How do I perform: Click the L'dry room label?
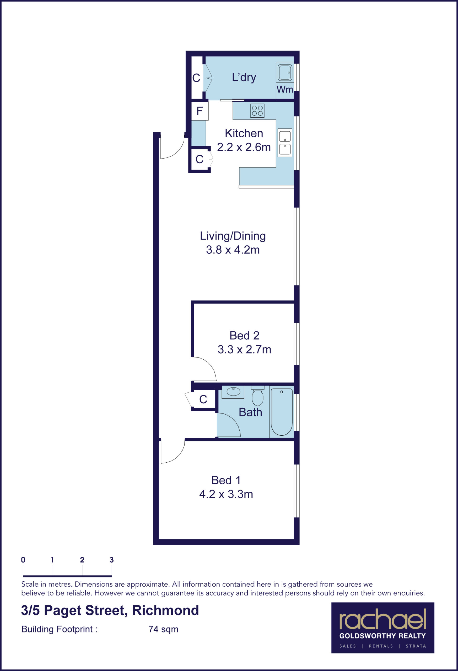tap(244, 77)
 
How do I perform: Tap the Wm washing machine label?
tap(285, 89)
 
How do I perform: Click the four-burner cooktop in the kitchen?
tap(257, 111)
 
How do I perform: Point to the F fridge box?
tap(200, 111)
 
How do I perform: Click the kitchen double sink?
tap(285, 143)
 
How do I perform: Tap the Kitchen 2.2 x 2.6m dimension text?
tap(244, 147)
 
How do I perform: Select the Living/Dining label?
tap(233, 236)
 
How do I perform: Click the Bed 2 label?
tap(244, 335)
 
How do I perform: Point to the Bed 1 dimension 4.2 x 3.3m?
tap(226, 494)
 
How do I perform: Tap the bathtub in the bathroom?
tap(282, 412)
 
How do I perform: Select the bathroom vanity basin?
tap(233, 392)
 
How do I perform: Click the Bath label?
tap(250, 412)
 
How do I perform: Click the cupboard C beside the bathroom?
tap(203, 399)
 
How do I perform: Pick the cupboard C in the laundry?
tap(196, 78)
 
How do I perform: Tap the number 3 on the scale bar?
tap(111, 560)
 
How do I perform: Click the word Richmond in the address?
tap(165, 610)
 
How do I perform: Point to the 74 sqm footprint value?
tap(163, 629)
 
